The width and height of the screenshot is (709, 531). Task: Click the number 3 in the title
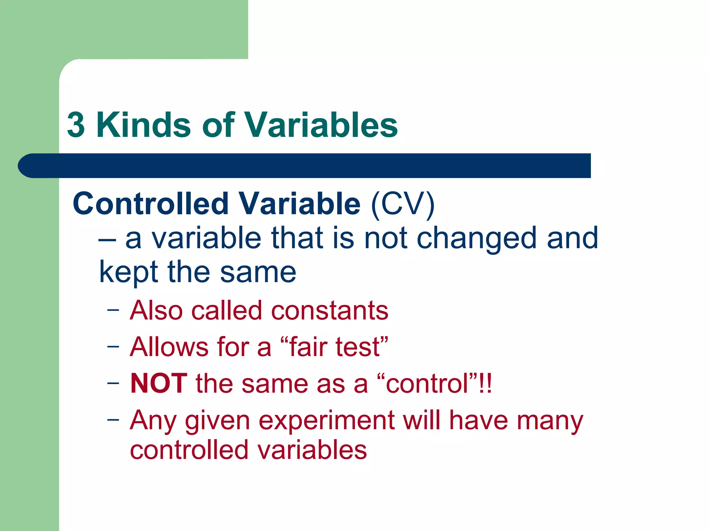tap(76, 125)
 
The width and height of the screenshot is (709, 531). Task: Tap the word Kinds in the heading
tap(143, 125)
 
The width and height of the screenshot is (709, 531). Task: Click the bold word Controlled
tap(150, 204)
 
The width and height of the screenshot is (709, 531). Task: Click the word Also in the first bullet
tap(156, 310)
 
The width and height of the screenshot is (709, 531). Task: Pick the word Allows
tap(169, 347)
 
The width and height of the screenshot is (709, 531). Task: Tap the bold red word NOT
tap(159, 384)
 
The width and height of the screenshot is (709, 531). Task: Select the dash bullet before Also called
tap(113, 309)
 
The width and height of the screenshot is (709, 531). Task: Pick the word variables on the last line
tap(312, 450)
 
